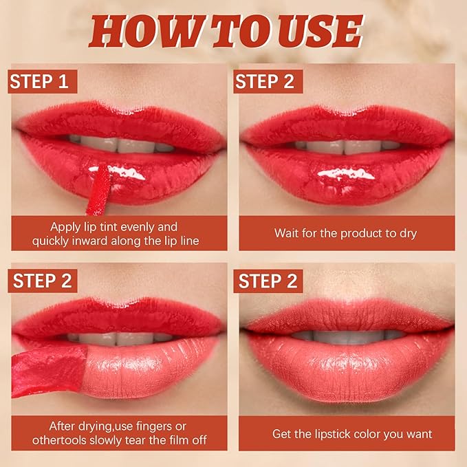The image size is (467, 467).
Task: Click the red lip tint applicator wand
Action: click(x=99, y=188)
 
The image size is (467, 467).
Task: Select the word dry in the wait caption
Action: click(x=406, y=233)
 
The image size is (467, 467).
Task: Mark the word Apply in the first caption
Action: click(x=66, y=226)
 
